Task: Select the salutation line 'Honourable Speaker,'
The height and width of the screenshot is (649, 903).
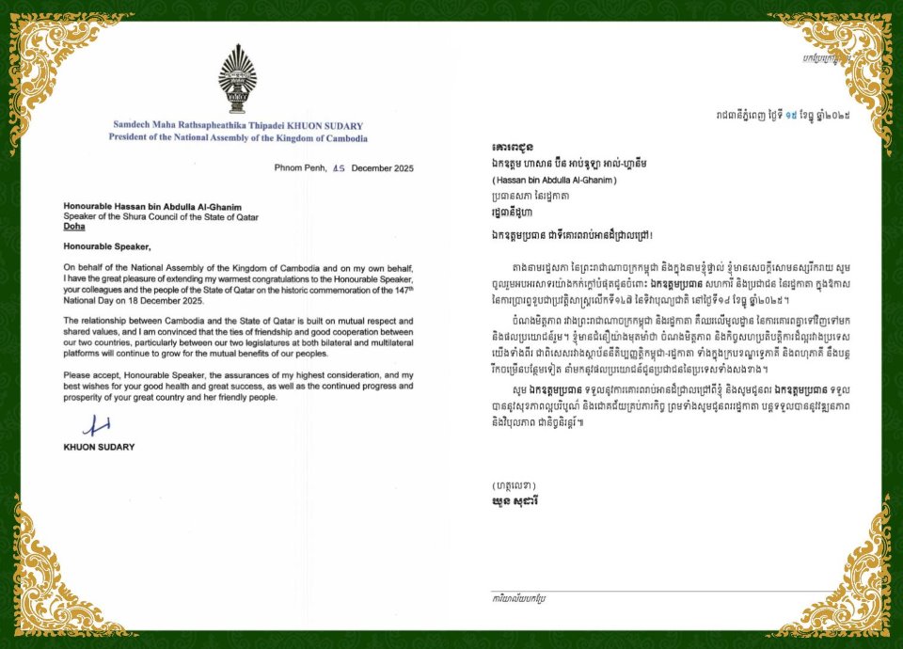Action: click(106, 246)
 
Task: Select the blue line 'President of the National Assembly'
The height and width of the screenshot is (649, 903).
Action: click(235, 136)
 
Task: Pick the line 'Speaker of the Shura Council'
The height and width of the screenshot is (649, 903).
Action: click(161, 216)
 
